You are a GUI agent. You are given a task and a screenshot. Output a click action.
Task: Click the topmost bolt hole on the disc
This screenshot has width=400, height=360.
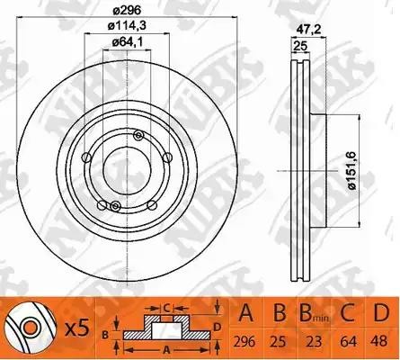point(138,135)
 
